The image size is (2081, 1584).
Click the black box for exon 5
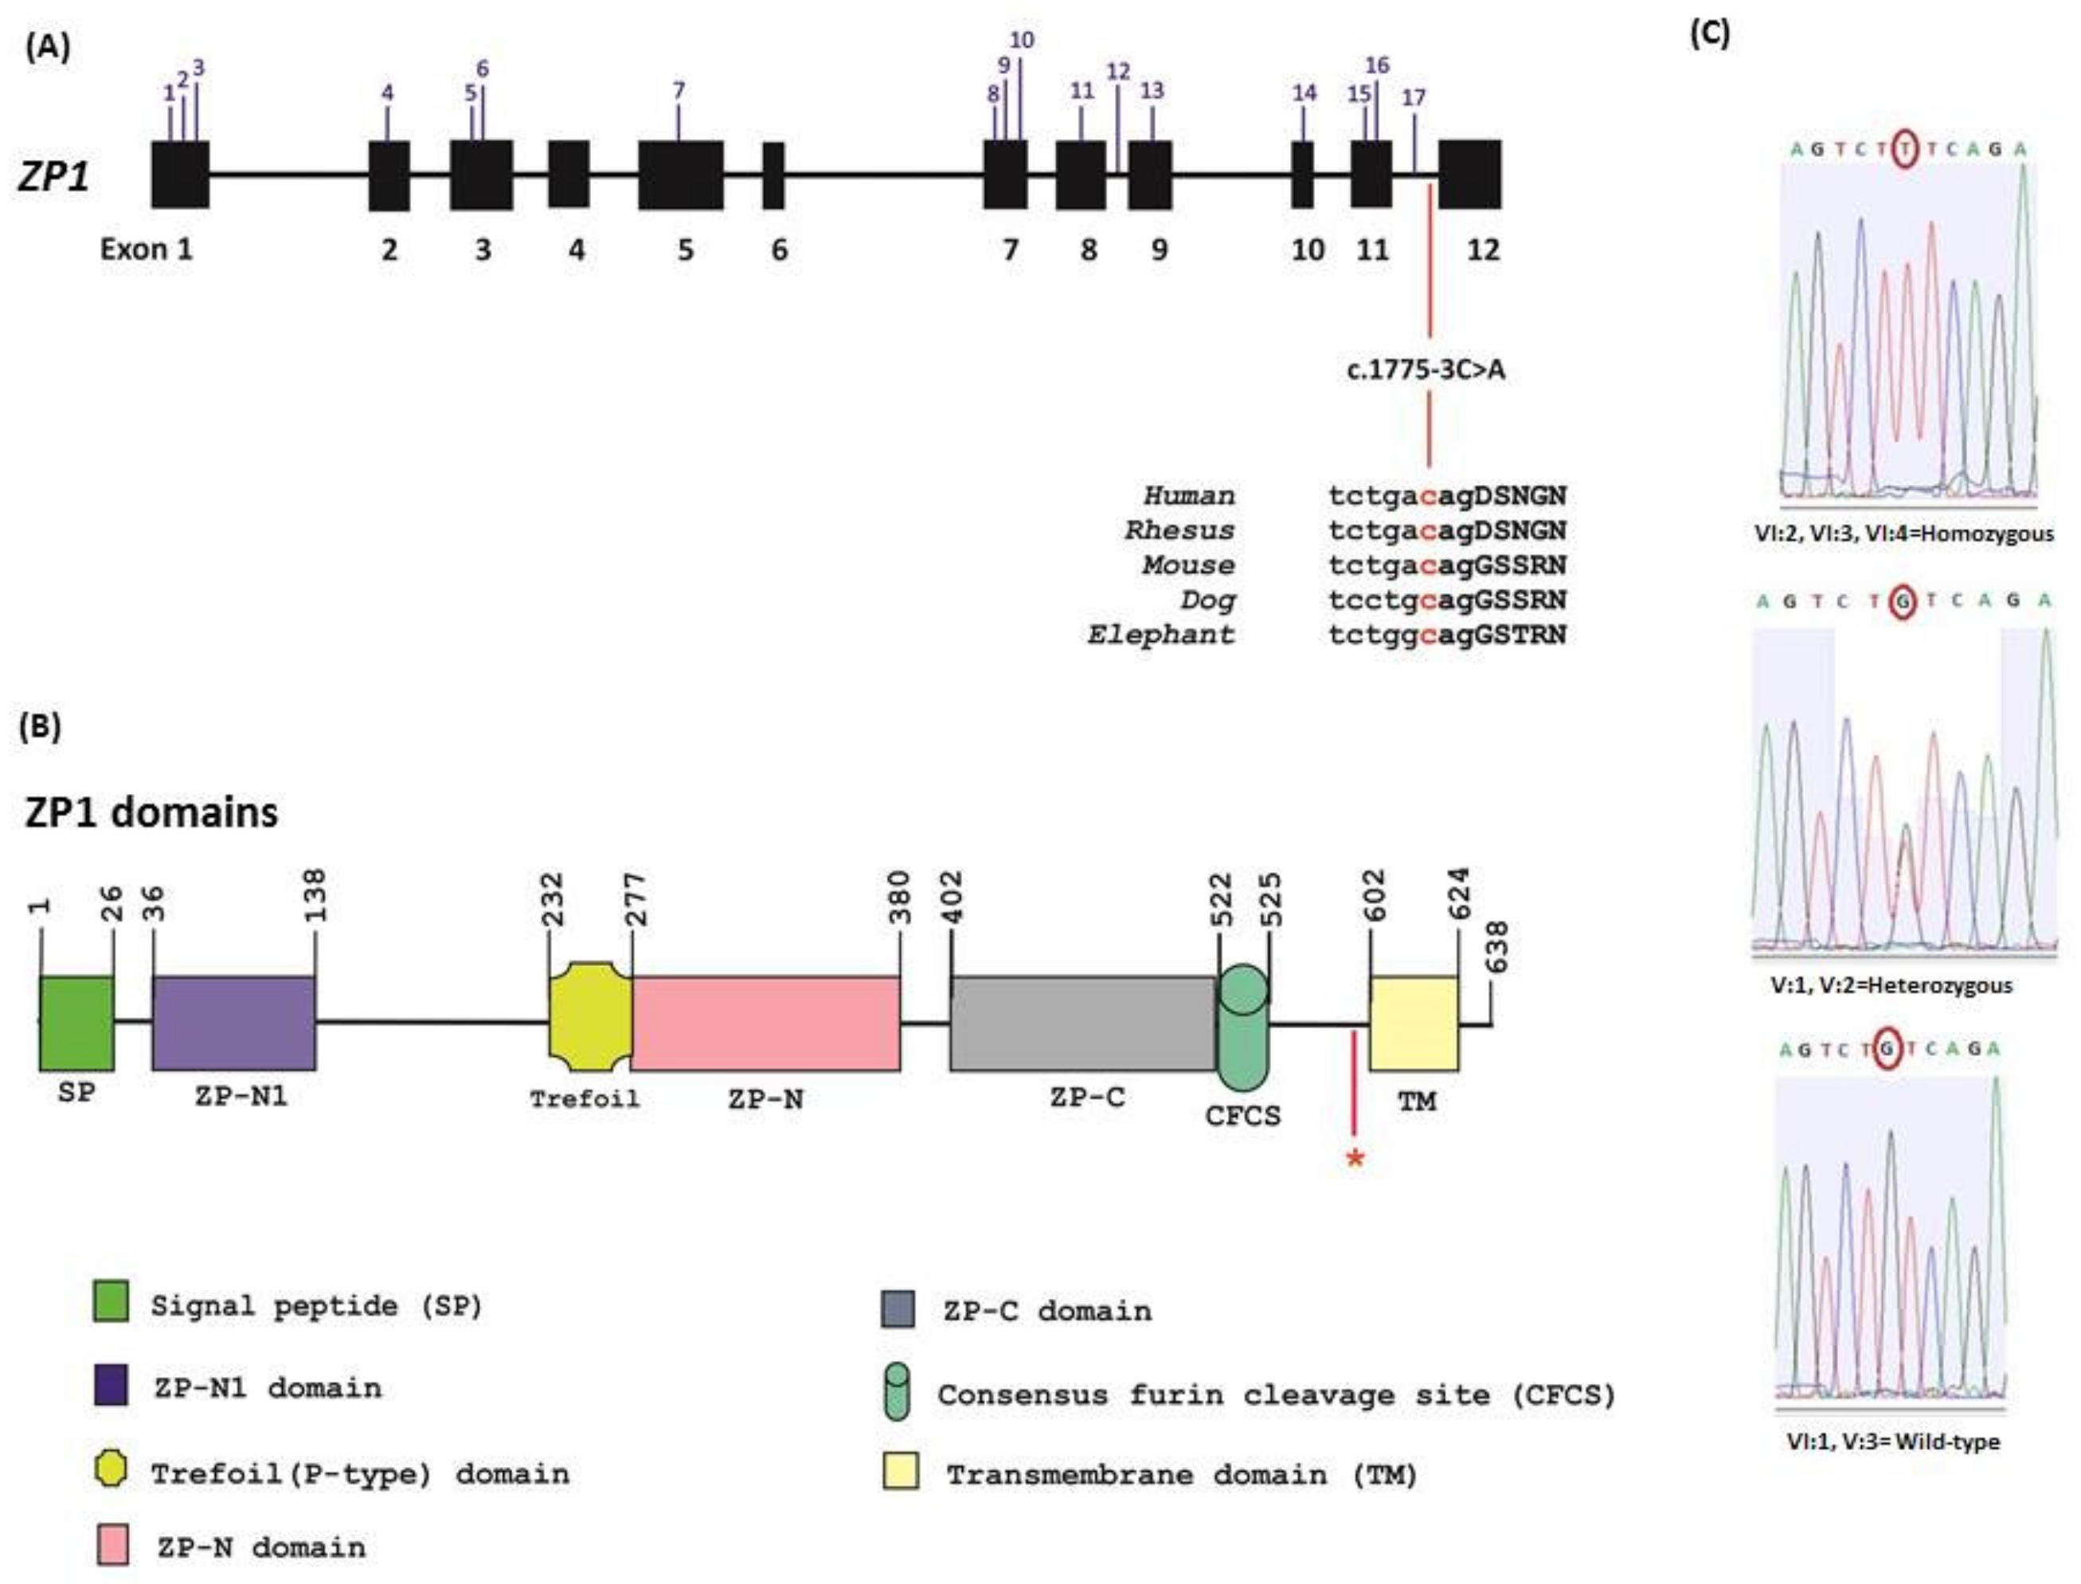click(x=680, y=175)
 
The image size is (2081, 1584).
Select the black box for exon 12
click(x=1469, y=174)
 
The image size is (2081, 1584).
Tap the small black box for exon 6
click(x=773, y=175)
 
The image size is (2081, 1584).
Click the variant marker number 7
click(x=679, y=92)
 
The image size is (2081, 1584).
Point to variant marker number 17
click(x=1414, y=98)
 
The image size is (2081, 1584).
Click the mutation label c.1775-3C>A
click(x=1426, y=370)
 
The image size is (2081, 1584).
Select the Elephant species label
click(x=1160, y=635)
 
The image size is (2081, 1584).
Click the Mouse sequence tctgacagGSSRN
click(x=1446, y=565)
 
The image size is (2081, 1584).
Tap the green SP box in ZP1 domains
click(x=76, y=1023)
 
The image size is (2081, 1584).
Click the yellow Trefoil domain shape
click(x=590, y=1016)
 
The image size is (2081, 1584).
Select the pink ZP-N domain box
click(x=765, y=1023)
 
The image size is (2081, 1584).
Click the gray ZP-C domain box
click(x=1082, y=1023)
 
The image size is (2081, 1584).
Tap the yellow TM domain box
click(x=1414, y=1023)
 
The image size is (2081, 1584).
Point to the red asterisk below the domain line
click(x=1355, y=1159)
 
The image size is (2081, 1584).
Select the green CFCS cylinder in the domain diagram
click(x=1242, y=1027)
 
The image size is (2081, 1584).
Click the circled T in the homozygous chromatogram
click(x=1906, y=149)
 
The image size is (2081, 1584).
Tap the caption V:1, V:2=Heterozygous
click(x=1891, y=985)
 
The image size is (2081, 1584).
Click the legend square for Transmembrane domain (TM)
click(x=901, y=1472)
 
